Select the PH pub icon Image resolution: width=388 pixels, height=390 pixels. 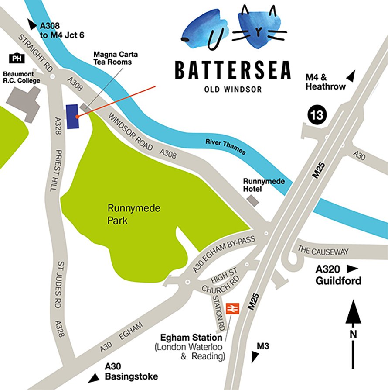17,58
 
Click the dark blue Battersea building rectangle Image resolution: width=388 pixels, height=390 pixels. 72,117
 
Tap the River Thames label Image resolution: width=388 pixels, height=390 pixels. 225,147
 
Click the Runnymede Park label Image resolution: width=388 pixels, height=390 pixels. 127,214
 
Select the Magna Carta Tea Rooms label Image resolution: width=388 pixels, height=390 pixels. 112,58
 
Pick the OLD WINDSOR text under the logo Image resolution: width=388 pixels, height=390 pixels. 232,90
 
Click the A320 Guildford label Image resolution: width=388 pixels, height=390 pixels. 338,276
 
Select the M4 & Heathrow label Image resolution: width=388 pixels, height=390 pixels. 325,82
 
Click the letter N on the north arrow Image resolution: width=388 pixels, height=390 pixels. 354,335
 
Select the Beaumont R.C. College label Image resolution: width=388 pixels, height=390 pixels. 21,77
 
